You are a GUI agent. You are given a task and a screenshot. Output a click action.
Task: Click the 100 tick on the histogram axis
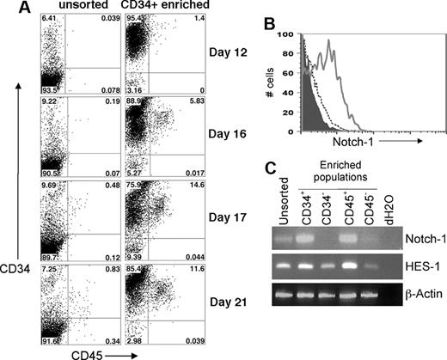[291, 35]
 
